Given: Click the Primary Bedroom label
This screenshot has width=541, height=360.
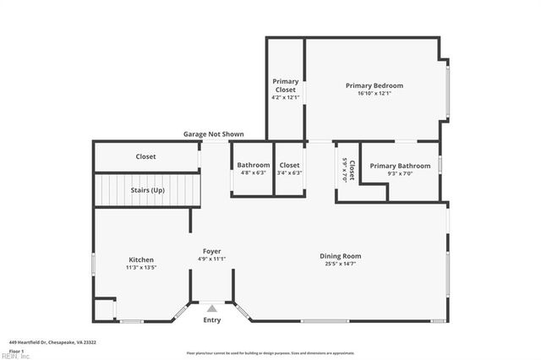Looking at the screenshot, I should pyautogui.click(x=374, y=85).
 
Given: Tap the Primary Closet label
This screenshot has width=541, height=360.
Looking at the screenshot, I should pyautogui.click(x=286, y=85).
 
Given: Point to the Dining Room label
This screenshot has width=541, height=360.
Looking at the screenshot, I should pyautogui.click(x=340, y=256).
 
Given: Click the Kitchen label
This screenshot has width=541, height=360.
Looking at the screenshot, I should pyautogui.click(x=141, y=259).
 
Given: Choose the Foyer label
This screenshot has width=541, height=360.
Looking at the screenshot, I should pyautogui.click(x=211, y=251).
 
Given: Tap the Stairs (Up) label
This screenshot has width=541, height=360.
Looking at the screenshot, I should pyautogui.click(x=147, y=190).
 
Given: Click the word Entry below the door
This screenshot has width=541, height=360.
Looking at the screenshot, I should pyautogui.click(x=211, y=320).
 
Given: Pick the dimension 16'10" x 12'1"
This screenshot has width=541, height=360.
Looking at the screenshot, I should pyautogui.click(x=374, y=93).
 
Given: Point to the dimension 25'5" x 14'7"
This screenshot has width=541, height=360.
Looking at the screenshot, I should pyautogui.click(x=340, y=264).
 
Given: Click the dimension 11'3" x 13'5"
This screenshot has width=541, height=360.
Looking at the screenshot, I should pyautogui.click(x=141, y=267).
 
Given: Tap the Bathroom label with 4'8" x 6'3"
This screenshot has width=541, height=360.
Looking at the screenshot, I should pyautogui.click(x=254, y=165).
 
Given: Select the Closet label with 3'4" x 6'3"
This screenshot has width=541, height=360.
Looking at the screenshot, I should pyautogui.click(x=290, y=165).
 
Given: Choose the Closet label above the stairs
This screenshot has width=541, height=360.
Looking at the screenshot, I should pyautogui.click(x=146, y=156).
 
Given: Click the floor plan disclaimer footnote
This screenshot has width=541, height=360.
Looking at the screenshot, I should pyautogui.click(x=270, y=352).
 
